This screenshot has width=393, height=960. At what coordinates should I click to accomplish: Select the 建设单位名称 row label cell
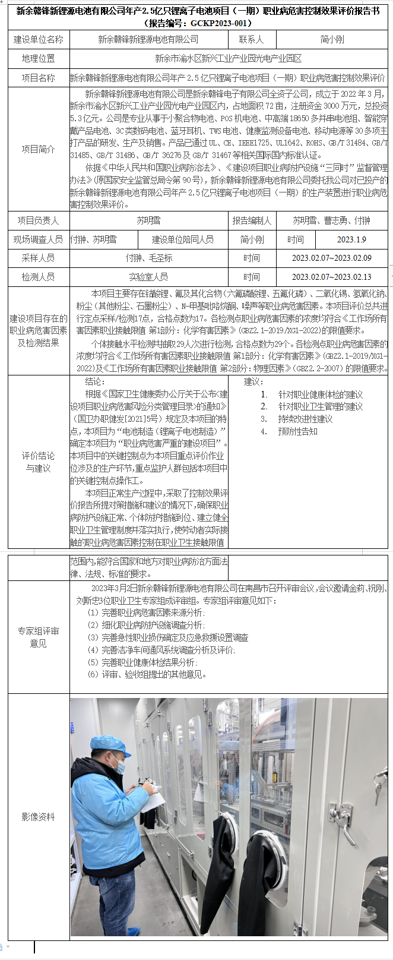[39, 39]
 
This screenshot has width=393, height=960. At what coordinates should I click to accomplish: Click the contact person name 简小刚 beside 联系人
[332, 39]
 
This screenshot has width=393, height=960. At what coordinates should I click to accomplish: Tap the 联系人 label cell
[252, 39]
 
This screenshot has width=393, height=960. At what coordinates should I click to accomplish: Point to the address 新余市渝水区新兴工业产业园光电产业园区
[229, 58]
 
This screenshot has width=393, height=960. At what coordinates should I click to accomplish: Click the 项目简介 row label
[39, 149]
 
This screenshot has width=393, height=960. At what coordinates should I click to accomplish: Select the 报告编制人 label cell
[252, 220]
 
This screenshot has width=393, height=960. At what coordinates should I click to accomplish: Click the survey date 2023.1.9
[351, 239]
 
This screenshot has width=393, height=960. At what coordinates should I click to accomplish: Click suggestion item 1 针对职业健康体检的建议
[320, 394]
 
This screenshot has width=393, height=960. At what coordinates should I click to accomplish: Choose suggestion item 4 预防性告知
[297, 432]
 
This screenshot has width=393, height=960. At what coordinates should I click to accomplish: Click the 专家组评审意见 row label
[39, 637]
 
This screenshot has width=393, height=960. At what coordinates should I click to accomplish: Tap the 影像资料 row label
[39, 817]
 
